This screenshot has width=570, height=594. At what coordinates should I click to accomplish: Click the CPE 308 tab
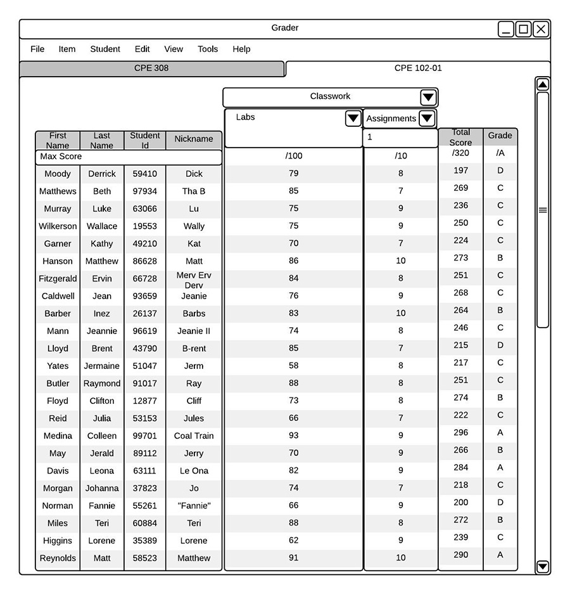tap(151, 68)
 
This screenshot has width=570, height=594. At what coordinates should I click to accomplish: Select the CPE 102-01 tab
tap(418, 68)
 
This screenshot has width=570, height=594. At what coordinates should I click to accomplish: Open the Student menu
tap(105, 49)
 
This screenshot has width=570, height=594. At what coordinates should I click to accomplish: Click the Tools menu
tap(208, 49)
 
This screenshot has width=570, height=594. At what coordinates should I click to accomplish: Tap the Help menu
tap(241, 49)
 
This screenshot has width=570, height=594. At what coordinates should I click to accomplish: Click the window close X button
tap(540, 29)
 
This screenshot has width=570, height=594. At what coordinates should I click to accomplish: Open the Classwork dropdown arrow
tap(428, 97)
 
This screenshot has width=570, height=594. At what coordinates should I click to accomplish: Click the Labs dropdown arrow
tap(353, 119)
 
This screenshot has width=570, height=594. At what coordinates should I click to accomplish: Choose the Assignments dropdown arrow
tap(427, 119)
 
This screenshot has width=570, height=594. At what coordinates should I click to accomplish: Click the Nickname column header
tap(194, 139)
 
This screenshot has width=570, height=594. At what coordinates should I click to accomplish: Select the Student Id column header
tap(145, 139)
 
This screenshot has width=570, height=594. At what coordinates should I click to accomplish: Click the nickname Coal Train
tap(194, 436)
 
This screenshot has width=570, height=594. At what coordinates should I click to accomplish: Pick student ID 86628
tap(145, 261)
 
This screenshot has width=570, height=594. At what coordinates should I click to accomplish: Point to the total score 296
tap(461, 432)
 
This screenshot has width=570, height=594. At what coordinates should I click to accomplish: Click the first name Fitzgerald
tap(58, 278)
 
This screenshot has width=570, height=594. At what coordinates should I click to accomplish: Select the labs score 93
tap(293, 436)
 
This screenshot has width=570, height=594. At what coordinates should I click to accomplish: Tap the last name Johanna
tap(102, 488)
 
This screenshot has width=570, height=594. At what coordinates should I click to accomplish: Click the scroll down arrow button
tap(542, 566)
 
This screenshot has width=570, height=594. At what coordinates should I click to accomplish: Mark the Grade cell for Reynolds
tap(500, 555)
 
